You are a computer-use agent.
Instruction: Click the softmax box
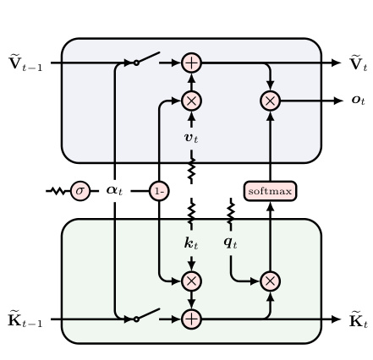[270, 191]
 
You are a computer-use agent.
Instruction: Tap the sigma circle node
[80, 191]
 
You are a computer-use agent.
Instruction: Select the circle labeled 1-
[159, 191]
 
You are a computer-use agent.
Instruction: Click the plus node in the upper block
[192, 63]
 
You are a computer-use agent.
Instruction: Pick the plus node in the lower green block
[192, 319]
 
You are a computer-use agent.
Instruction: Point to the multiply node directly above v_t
[192, 101]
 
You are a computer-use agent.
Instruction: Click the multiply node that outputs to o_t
[270, 101]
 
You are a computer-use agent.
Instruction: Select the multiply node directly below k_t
[192, 281]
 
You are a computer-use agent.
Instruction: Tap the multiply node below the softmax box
[270, 281]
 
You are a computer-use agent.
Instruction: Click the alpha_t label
[114, 191]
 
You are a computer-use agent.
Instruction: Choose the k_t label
[191, 243]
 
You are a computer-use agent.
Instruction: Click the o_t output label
[359, 101]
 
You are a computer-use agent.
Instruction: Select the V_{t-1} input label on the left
[25, 63]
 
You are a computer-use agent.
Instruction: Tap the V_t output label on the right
[359, 63]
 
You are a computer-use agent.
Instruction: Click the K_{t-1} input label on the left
[25, 319]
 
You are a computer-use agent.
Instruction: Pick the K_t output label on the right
[359, 319]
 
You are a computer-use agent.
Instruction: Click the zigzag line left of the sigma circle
[58, 191]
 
